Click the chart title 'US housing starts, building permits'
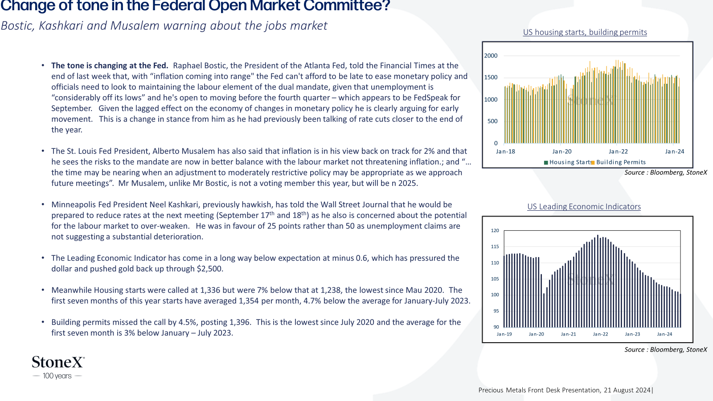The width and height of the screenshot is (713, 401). click(585, 32)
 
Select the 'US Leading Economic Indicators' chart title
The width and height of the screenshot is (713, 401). click(584, 207)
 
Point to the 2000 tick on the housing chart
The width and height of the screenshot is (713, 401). click(491, 56)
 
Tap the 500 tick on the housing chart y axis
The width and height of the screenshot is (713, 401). click(492, 121)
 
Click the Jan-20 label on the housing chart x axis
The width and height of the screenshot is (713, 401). click(562, 151)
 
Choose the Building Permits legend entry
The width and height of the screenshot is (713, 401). click(619, 162)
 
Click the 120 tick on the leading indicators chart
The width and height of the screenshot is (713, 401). click(495, 230)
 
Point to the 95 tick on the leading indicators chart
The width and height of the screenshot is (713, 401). click(496, 311)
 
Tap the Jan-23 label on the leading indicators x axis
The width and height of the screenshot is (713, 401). click(632, 334)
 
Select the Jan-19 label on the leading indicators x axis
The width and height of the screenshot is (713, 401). click(504, 334)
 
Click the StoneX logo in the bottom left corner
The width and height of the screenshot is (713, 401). click(58, 362)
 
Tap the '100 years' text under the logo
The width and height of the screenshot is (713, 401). click(57, 376)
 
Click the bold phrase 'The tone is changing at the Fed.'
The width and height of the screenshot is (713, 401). click(110, 65)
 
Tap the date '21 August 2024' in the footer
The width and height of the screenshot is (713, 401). click(627, 390)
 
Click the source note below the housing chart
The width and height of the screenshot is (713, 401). click(666, 172)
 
